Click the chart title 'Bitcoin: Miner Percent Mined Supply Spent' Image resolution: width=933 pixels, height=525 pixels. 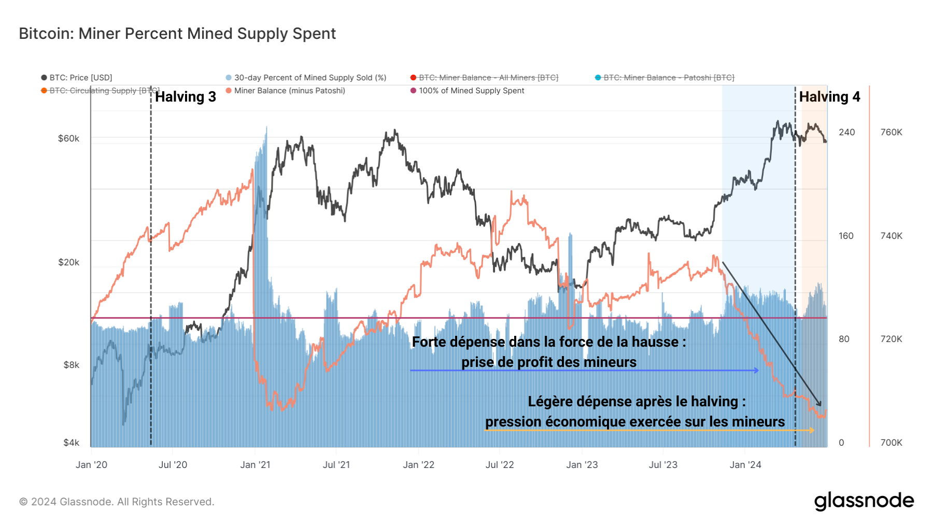point(177,34)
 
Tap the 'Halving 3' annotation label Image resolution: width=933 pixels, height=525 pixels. point(185,97)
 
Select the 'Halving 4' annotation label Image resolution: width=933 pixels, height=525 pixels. point(829,97)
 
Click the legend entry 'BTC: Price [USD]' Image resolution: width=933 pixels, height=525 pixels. point(80,78)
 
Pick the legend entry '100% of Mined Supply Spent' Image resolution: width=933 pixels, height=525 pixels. point(471,91)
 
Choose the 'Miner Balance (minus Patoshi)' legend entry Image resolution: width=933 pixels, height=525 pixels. point(289,91)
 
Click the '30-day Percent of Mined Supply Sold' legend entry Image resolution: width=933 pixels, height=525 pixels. point(310,78)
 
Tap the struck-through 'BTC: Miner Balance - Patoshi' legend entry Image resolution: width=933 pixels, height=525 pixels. point(669,78)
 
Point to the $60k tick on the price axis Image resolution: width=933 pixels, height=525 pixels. point(68,138)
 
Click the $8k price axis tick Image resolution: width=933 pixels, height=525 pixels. point(71,365)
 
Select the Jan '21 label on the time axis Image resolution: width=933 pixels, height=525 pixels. point(255,465)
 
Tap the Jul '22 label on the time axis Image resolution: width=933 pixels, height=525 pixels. point(500,465)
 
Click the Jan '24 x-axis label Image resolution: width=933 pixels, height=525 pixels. point(745,465)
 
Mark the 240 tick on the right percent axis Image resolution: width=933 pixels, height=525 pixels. point(846,132)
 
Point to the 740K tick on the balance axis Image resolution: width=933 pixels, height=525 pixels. point(891,236)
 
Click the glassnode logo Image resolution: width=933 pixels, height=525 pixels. point(864,501)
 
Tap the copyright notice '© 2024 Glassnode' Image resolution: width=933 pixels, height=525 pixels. point(117,502)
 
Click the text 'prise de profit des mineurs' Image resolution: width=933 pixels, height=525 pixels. point(549,362)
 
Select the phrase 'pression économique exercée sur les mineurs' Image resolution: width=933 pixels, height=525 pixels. point(635,422)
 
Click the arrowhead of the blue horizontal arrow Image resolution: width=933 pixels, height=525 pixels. point(757,370)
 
